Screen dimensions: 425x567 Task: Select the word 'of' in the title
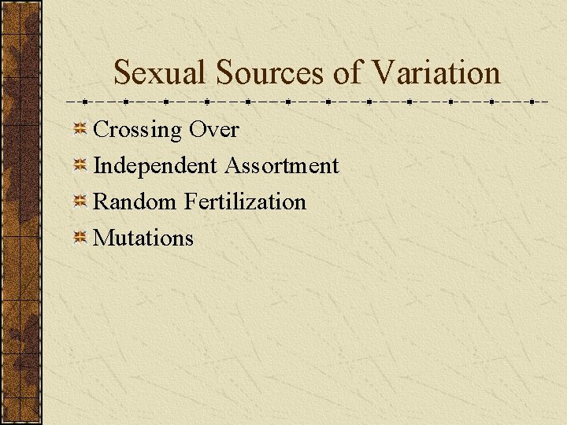[x=349, y=73]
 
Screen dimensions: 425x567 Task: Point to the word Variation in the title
[x=436, y=73]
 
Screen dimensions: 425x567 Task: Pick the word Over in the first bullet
[x=214, y=130]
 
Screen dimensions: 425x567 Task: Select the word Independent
[x=155, y=166]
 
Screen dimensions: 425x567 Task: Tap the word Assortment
[x=282, y=166]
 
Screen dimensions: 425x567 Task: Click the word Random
[x=135, y=202]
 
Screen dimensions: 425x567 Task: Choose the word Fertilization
[x=245, y=202]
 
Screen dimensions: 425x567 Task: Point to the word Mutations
[x=143, y=238]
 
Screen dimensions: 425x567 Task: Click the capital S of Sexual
[x=123, y=73]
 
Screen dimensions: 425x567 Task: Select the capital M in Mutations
[x=103, y=238]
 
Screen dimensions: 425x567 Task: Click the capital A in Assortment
[x=232, y=166]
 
